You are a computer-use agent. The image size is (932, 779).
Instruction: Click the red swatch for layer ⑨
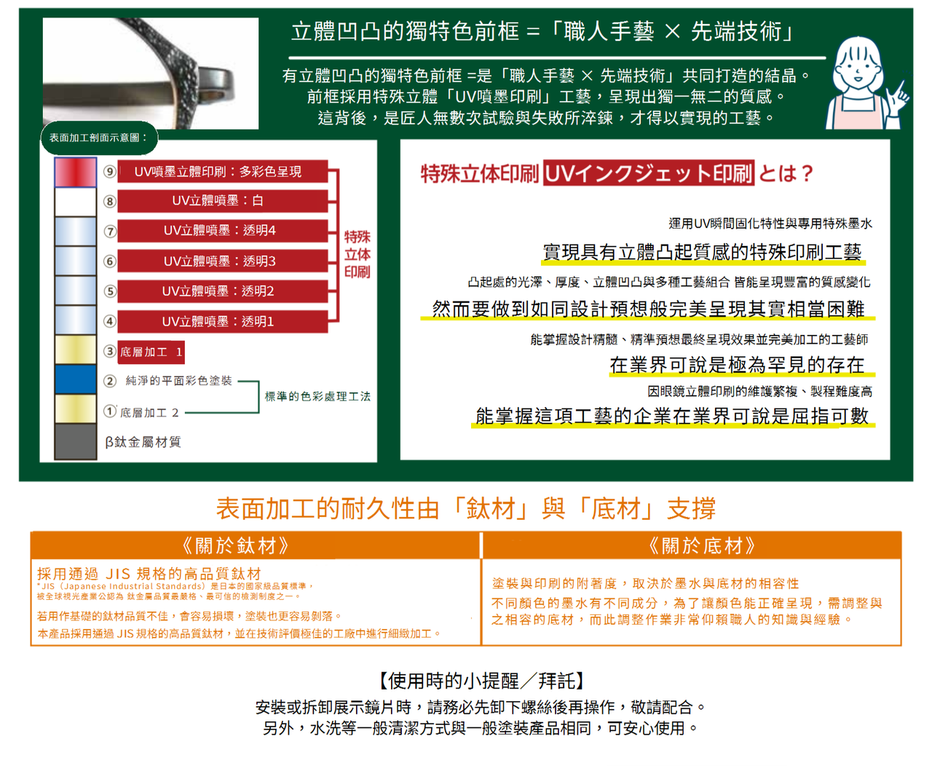(75, 172)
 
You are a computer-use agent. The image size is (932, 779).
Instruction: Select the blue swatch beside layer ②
(75, 379)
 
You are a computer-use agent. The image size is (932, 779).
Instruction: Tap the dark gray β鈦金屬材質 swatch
(75, 441)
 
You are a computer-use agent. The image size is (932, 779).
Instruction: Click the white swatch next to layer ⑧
(75, 202)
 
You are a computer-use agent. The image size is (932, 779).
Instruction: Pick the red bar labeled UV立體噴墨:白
(222, 201)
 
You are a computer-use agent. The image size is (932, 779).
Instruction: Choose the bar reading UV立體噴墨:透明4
(222, 231)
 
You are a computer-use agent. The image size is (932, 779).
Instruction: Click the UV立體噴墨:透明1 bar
(222, 321)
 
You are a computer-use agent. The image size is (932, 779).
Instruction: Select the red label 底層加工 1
(151, 352)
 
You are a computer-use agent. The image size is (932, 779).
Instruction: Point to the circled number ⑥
(110, 261)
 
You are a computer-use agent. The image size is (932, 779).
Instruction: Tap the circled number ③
(110, 352)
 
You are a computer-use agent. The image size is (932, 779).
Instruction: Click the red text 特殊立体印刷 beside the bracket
(357, 254)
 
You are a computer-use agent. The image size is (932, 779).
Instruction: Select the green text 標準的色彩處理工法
(317, 397)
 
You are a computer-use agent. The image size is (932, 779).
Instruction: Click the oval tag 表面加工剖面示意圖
(99, 138)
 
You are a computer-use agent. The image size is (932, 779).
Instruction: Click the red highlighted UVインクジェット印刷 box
(648, 173)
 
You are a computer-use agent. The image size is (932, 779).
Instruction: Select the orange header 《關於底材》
(702, 546)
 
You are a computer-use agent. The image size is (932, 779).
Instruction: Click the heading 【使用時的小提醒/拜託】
(481, 681)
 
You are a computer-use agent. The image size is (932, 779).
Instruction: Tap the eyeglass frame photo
(151, 73)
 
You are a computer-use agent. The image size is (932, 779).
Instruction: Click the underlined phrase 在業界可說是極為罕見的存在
(737, 365)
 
